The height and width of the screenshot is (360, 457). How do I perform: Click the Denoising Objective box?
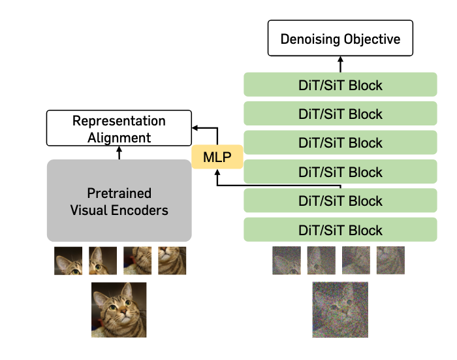pos(340,38)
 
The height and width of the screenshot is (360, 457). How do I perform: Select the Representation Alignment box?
pos(119,128)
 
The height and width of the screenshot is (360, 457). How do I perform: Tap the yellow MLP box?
pos(217,157)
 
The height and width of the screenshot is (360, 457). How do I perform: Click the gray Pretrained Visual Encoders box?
pos(119,201)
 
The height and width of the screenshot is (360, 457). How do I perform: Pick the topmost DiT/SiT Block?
pos(340,84)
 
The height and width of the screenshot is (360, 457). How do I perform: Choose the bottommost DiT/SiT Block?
pos(340,229)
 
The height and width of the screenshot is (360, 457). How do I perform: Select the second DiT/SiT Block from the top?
pos(340,114)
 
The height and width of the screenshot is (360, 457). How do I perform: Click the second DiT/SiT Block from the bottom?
pos(340,201)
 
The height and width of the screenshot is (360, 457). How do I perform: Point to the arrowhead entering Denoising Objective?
pos(340,59)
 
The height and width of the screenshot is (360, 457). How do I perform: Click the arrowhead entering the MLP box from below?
pos(217,172)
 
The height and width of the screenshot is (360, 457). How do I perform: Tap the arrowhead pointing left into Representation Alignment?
pos(195,128)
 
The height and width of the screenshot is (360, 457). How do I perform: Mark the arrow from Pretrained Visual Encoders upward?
pos(119,153)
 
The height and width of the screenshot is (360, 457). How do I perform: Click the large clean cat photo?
pos(119,310)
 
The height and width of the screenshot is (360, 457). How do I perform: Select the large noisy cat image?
pos(340,310)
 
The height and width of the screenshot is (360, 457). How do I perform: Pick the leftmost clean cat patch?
pos(68,261)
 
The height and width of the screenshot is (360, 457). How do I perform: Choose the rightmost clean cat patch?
pos(172,261)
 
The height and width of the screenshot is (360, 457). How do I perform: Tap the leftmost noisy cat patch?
pos(287,261)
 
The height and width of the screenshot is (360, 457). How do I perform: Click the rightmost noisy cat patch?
pos(390,261)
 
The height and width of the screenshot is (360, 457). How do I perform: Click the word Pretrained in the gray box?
pos(119,193)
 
